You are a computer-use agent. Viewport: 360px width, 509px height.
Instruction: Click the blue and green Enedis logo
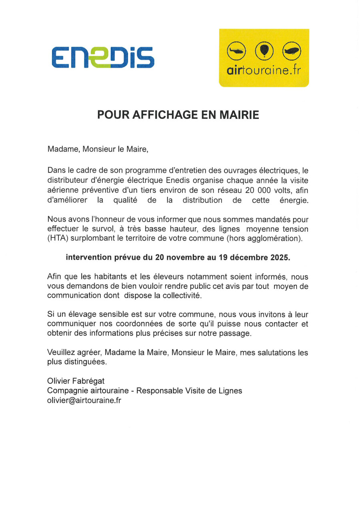(102, 57)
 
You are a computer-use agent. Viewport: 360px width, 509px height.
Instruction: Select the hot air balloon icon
(264, 51)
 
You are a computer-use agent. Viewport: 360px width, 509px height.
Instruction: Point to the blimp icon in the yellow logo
(292, 51)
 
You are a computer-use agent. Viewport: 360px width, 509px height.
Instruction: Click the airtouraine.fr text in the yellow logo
(264, 71)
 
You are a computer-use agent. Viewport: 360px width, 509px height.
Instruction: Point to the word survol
(119, 229)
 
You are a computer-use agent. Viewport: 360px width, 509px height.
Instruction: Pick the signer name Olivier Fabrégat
(76, 381)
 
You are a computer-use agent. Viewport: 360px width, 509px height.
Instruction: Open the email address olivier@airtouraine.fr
(84, 400)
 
